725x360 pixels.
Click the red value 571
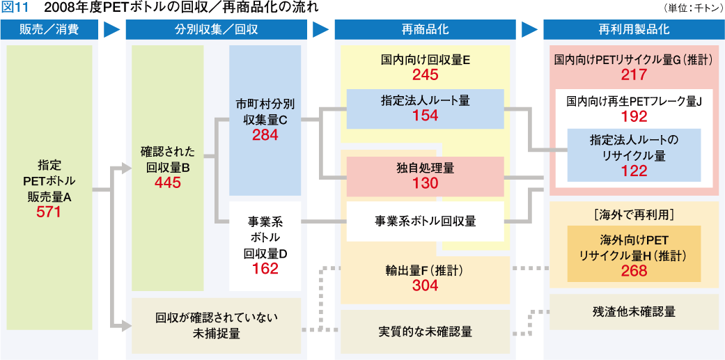tap(49, 212)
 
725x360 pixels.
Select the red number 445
tap(168, 183)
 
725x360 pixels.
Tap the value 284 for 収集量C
tap(265, 135)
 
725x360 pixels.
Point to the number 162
tap(265, 269)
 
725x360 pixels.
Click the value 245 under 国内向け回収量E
tap(425, 75)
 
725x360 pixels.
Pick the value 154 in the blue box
tap(425, 116)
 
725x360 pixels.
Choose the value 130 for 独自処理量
tap(425, 184)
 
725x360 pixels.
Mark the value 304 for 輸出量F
tap(425, 285)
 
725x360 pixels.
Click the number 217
tap(634, 75)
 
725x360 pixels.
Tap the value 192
tap(634, 116)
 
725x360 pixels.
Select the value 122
tap(634, 171)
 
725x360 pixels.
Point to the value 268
tap(634, 271)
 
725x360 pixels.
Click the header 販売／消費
tap(49, 30)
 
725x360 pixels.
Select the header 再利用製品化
tap(634, 30)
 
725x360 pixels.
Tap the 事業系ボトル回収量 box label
tap(425, 221)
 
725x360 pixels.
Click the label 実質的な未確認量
tap(425, 331)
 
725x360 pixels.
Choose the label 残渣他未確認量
tap(634, 311)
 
